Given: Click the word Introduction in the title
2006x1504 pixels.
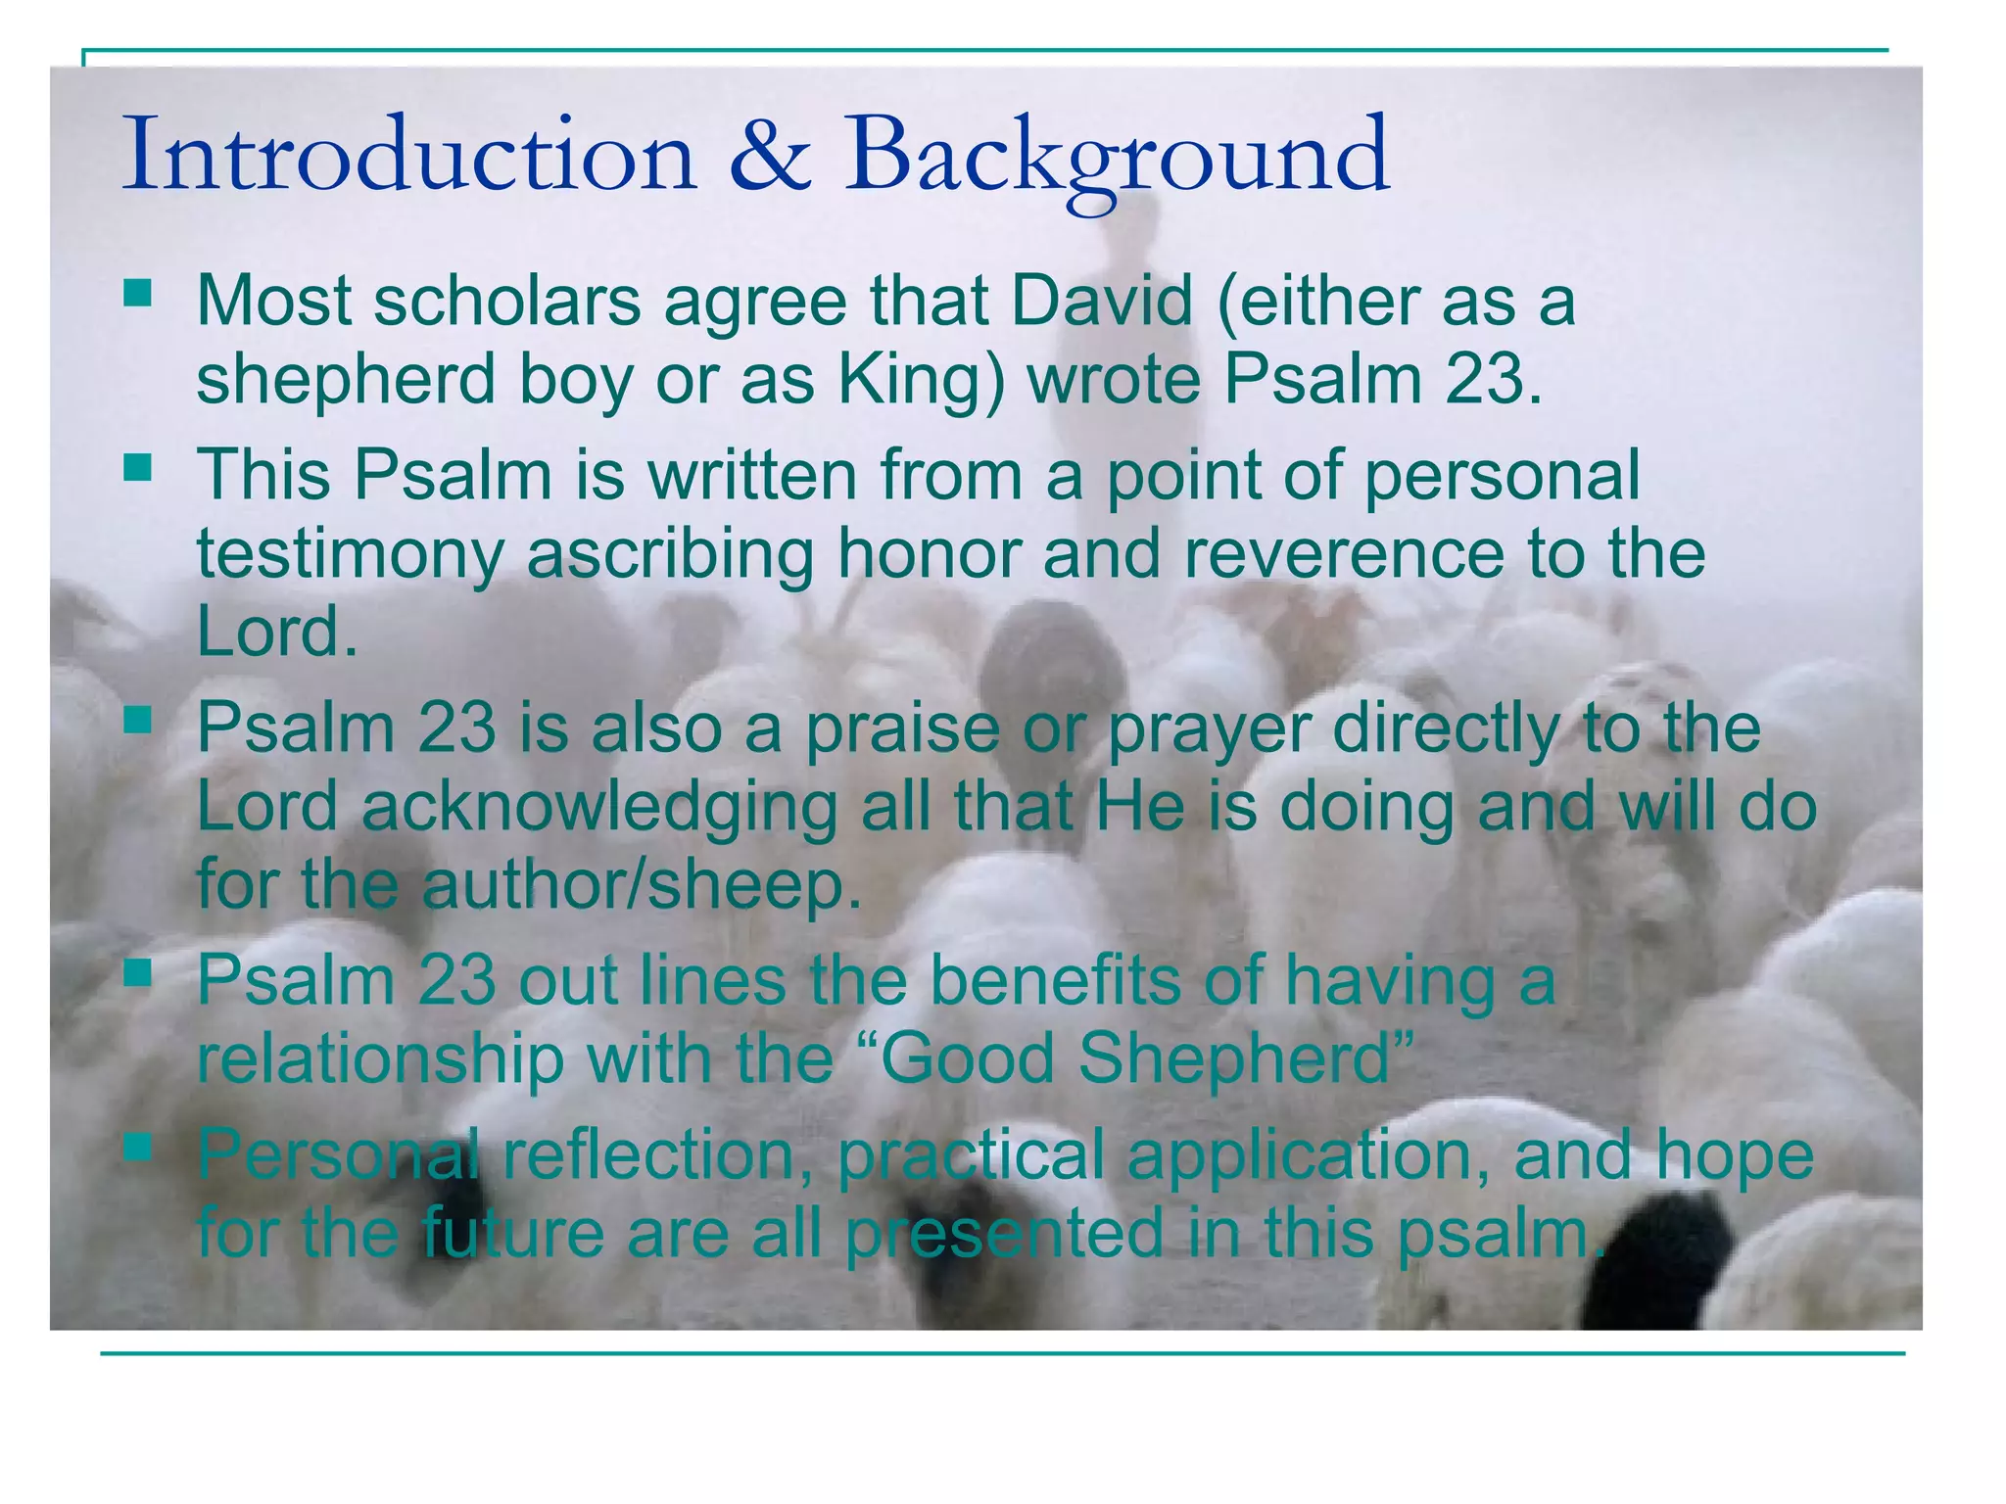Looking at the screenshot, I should (408, 155).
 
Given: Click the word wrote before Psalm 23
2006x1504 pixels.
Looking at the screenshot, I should (1114, 379).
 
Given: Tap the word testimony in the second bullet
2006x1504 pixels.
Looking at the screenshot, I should (350, 554).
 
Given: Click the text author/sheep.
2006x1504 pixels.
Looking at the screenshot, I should (642, 883).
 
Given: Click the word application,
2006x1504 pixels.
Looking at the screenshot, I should (1309, 1156).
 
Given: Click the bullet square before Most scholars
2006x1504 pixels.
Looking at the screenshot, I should (138, 293).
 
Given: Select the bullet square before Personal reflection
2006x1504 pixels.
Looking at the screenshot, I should (138, 1145).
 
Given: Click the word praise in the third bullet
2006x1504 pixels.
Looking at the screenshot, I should (901, 730).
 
